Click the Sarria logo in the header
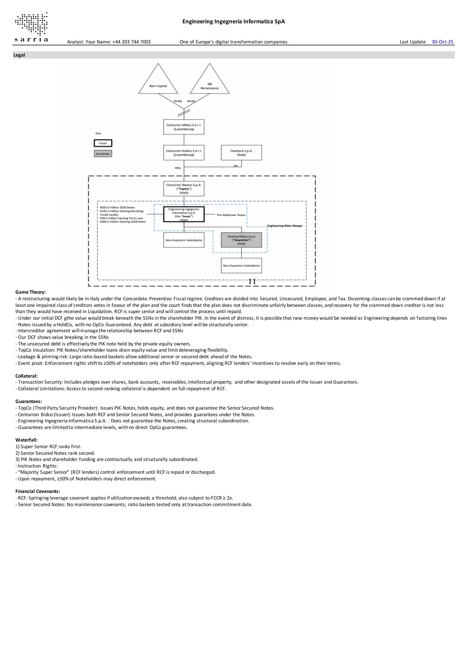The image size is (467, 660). click(x=31, y=27)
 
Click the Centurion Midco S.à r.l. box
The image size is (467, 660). click(x=184, y=127)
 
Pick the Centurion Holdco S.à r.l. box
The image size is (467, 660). click(x=184, y=153)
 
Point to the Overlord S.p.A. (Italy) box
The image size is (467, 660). click(x=241, y=153)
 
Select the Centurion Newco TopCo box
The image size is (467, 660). click(x=184, y=189)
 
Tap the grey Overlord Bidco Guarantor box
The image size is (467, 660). click(x=241, y=240)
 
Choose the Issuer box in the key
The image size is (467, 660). click(x=103, y=143)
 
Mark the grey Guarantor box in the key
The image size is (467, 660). click(x=103, y=154)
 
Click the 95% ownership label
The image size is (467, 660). click(x=178, y=168)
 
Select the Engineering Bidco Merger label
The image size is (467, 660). click(x=285, y=226)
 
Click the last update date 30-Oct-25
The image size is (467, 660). click(x=442, y=42)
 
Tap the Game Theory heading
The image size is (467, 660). click(x=30, y=292)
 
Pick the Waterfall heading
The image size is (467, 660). click(x=27, y=440)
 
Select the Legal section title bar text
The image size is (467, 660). click(x=19, y=55)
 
